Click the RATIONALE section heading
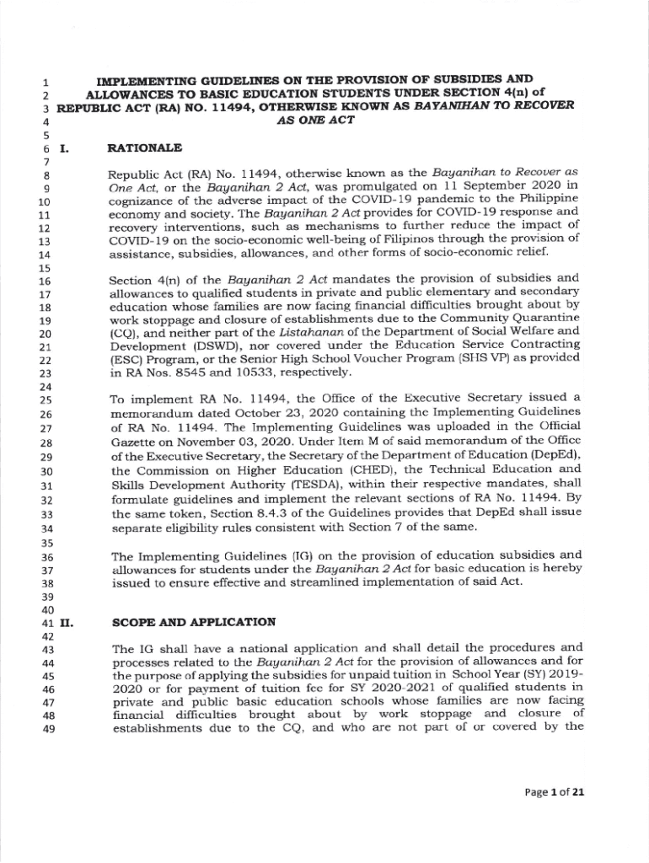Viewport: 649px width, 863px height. (145, 148)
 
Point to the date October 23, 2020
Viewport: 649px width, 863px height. (266, 415)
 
